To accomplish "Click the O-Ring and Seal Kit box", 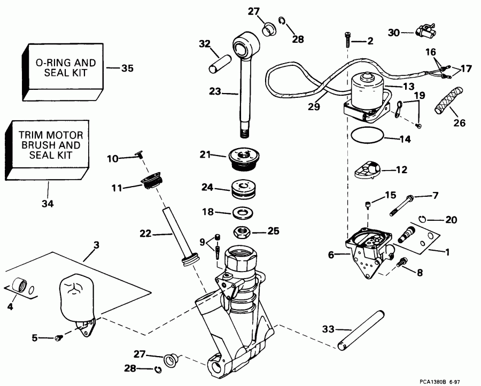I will [x=61, y=68].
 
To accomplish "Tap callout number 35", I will [x=127, y=68].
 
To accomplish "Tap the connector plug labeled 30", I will [x=426, y=32].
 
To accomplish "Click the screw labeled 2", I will [x=348, y=41].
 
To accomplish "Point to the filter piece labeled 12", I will [x=368, y=172].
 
